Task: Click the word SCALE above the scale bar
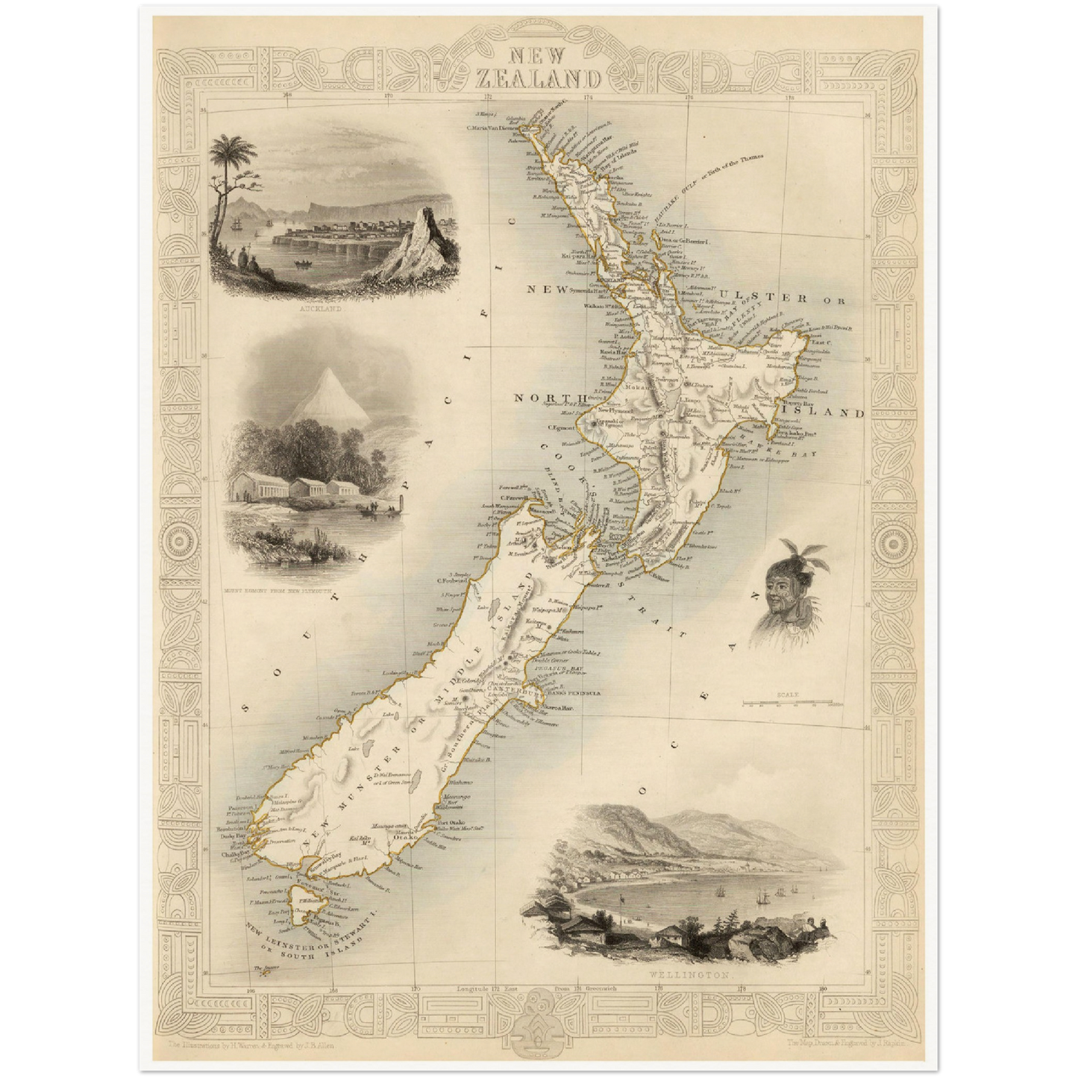787,695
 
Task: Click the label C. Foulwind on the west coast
451,582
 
